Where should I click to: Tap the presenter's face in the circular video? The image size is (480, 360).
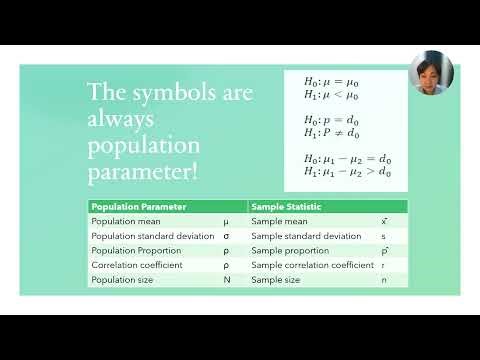(432, 72)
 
